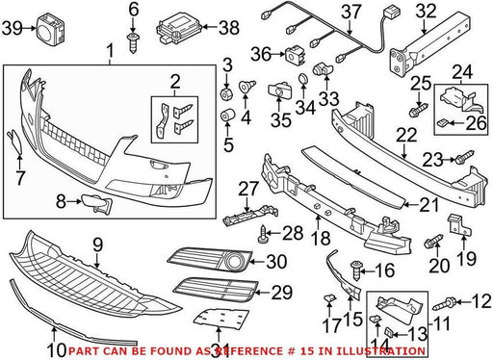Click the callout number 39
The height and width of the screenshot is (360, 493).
[x=13, y=28]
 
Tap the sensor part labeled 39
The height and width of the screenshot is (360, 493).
[x=51, y=28]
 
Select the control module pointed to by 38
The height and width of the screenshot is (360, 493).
[x=179, y=30]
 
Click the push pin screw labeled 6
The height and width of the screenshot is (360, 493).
[x=133, y=42]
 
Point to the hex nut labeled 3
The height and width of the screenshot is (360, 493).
[x=227, y=93]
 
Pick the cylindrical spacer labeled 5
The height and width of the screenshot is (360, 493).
[x=228, y=116]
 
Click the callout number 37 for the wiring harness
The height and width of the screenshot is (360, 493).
[x=350, y=13]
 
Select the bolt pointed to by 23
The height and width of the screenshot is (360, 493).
[x=464, y=157]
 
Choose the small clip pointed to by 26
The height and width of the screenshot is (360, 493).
[x=443, y=122]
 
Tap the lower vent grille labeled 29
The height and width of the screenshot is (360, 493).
[x=216, y=290]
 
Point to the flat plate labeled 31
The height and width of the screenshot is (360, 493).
[x=221, y=319]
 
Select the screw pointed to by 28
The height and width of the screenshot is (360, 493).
[x=263, y=234]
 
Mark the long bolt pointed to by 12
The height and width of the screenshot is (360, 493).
[x=445, y=303]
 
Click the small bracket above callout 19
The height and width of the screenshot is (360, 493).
[x=458, y=225]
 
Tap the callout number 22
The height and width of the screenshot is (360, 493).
[x=406, y=135]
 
